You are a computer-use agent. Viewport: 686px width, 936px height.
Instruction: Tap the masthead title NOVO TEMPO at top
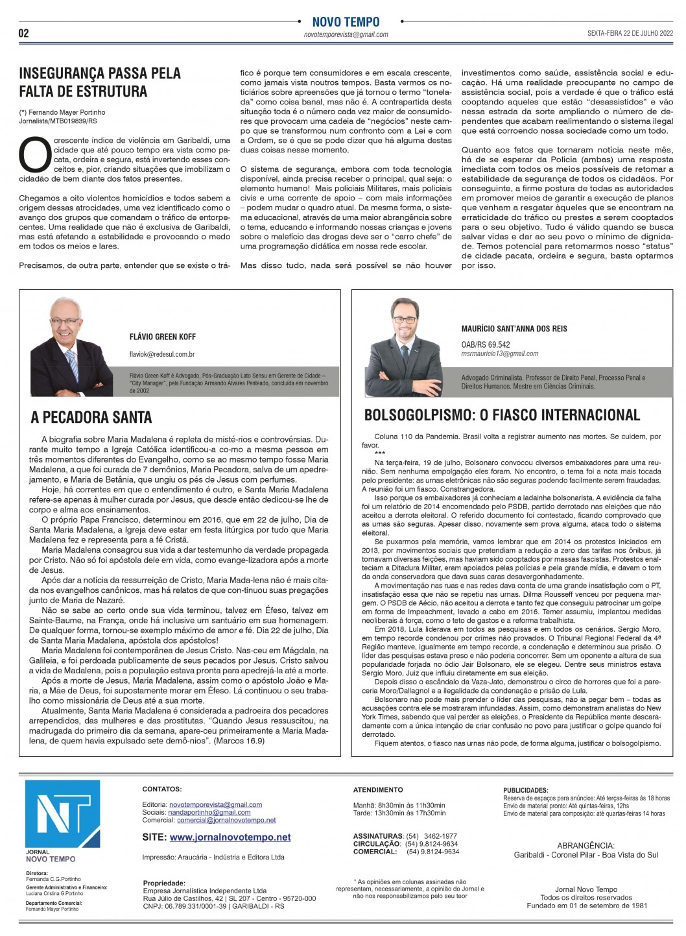346,22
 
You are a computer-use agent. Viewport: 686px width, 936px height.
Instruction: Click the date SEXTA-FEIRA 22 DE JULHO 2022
630,34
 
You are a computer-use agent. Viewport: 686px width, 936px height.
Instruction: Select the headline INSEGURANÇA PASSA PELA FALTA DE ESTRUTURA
100,82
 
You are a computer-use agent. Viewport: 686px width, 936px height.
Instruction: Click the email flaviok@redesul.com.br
162,354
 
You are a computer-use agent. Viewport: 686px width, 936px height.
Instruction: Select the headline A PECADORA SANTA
91,417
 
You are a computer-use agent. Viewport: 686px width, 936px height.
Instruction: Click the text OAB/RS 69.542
486,345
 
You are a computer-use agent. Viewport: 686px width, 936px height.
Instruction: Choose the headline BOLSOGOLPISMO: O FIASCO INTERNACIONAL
502,415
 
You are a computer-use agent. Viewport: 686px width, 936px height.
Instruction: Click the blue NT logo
63,815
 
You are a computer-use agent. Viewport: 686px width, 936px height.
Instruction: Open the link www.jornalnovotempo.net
230,837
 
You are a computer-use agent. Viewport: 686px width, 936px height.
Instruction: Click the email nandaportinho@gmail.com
209,812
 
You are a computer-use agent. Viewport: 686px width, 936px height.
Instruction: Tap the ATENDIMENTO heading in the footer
378,790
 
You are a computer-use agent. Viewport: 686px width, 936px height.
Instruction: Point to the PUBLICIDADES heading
525,791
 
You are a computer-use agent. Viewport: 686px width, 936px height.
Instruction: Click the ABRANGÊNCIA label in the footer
585,845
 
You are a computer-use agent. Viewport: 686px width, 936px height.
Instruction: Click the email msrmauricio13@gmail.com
500,354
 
